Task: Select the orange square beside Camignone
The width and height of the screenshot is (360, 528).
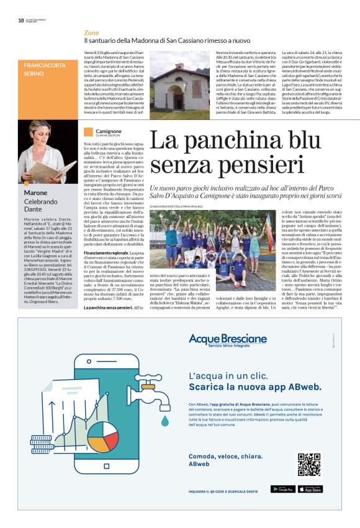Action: click(88, 131)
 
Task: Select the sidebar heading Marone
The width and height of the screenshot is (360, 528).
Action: click(36, 193)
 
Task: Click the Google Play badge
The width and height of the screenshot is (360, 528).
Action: click(282, 489)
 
